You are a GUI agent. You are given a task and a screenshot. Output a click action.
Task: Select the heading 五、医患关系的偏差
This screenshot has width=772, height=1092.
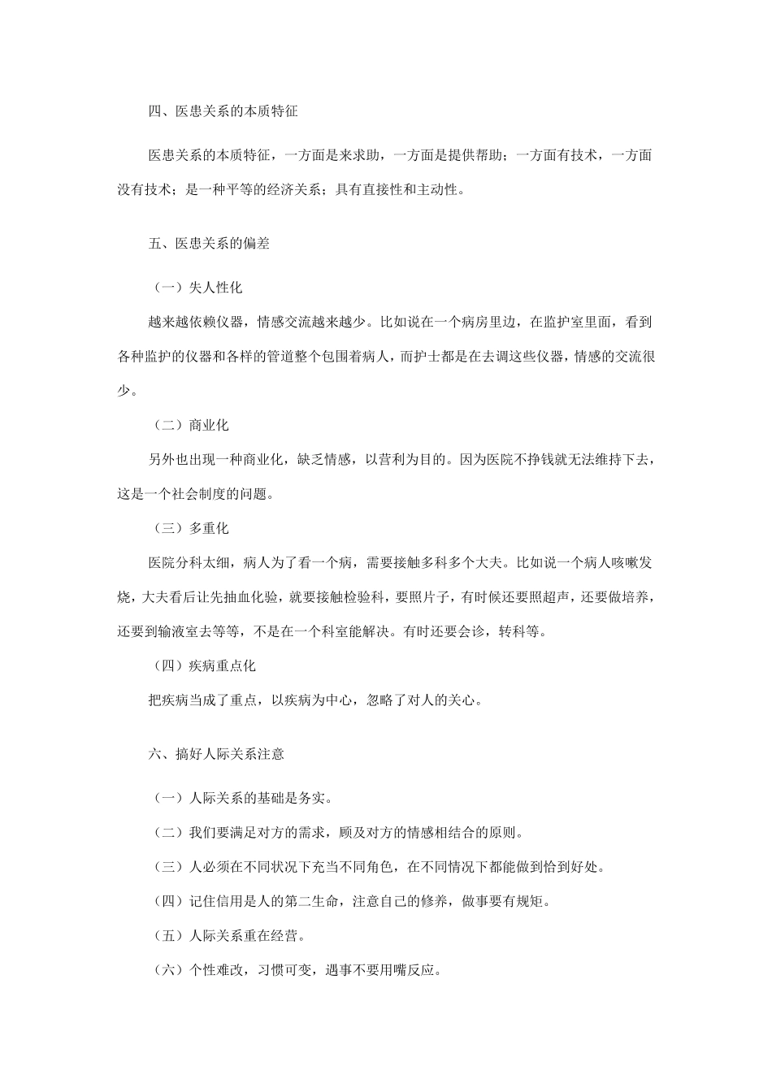(x=209, y=243)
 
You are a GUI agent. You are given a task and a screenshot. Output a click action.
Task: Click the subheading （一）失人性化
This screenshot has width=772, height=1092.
(x=196, y=288)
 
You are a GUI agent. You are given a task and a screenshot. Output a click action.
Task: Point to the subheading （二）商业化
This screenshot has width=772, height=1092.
(x=189, y=424)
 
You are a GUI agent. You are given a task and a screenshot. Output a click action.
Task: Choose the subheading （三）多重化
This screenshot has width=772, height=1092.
(x=189, y=528)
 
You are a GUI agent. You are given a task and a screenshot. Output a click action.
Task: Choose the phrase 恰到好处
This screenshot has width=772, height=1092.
(x=571, y=866)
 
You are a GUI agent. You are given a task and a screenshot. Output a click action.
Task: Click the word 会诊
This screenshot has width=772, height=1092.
(x=473, y=630)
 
